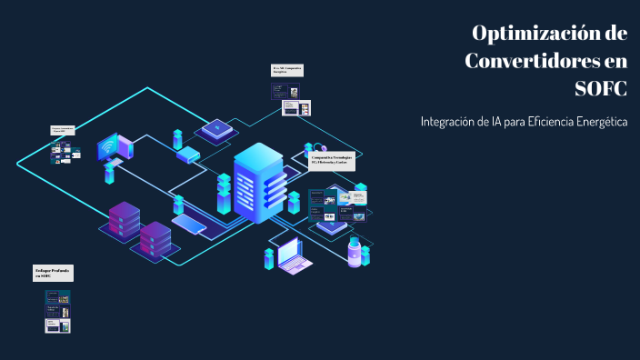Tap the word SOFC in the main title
(x=601, y=89)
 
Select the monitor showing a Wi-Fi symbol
(x=115, y=148)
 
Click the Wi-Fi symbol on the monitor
(x=109, y=145)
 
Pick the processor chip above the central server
(x=216, y=129)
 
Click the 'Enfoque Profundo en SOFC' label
(x=53, y=273)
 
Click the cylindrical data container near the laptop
(x=353, y=252)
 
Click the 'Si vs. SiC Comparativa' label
(x=287, y=70)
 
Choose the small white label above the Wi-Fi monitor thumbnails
(x=63, y=131)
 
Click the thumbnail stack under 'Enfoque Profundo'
(x=58, y=311)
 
